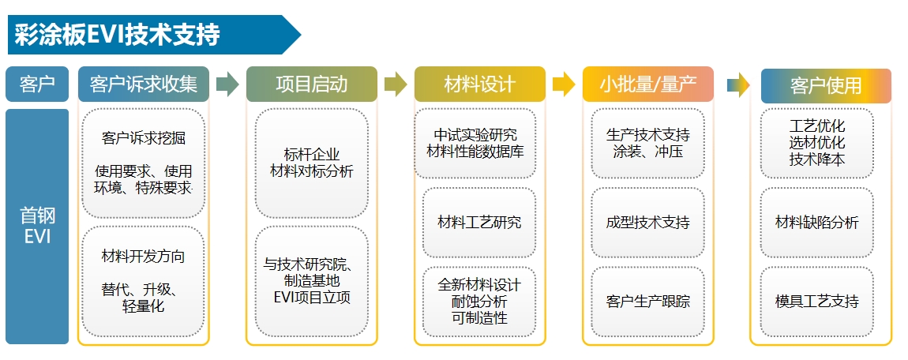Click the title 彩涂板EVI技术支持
pyautogui.click(x=117, y=35)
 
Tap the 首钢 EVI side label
pyautogui.click(x=37, y=226)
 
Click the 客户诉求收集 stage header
pyautogui.click(x=144, y=84)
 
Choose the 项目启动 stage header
pyautogui.click(x=311, y=84)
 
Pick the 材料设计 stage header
pyautogui.click(x=479, y=84)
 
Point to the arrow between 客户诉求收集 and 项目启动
pyautogui.click(x=227, y=84)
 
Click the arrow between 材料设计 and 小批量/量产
pyautogui.click(x=564, y=84)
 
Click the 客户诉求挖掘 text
pyautogui.click(x=144, y=138)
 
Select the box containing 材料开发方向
pyautogui.click(x=144, y=280)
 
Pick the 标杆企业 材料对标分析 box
pyautogui.click(x=311, y=163)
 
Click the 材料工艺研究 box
pyautogui.click(x=479, y=223)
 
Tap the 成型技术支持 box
pyautogui.click(x=647, y=223)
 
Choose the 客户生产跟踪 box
pyautogui.click(x=647, y=302)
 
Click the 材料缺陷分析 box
pyautogui.click(x=816, y=223)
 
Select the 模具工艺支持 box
pyautogui.click(x=816, y=302)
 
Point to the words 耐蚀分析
pyautogui.click(x=479, y=302)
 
